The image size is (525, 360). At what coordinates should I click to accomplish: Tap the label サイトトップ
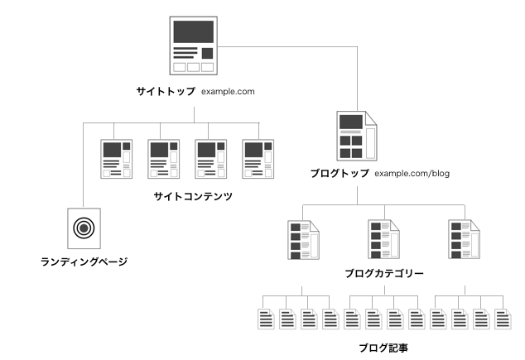point(166,91)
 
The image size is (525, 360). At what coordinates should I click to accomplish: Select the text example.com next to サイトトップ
point(229,91)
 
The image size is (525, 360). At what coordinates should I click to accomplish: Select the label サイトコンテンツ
point(192,196)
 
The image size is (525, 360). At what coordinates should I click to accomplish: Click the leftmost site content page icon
point(116,159)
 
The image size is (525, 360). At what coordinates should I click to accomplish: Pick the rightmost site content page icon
point(258,159)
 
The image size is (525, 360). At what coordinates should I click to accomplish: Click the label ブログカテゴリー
point(383,272)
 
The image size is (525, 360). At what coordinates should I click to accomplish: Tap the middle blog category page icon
point(383,240)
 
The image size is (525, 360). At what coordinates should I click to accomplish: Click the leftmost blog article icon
point(266,318)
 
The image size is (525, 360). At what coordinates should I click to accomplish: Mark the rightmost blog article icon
point(502,318)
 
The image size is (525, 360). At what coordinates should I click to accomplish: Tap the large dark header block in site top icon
point(192,31)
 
